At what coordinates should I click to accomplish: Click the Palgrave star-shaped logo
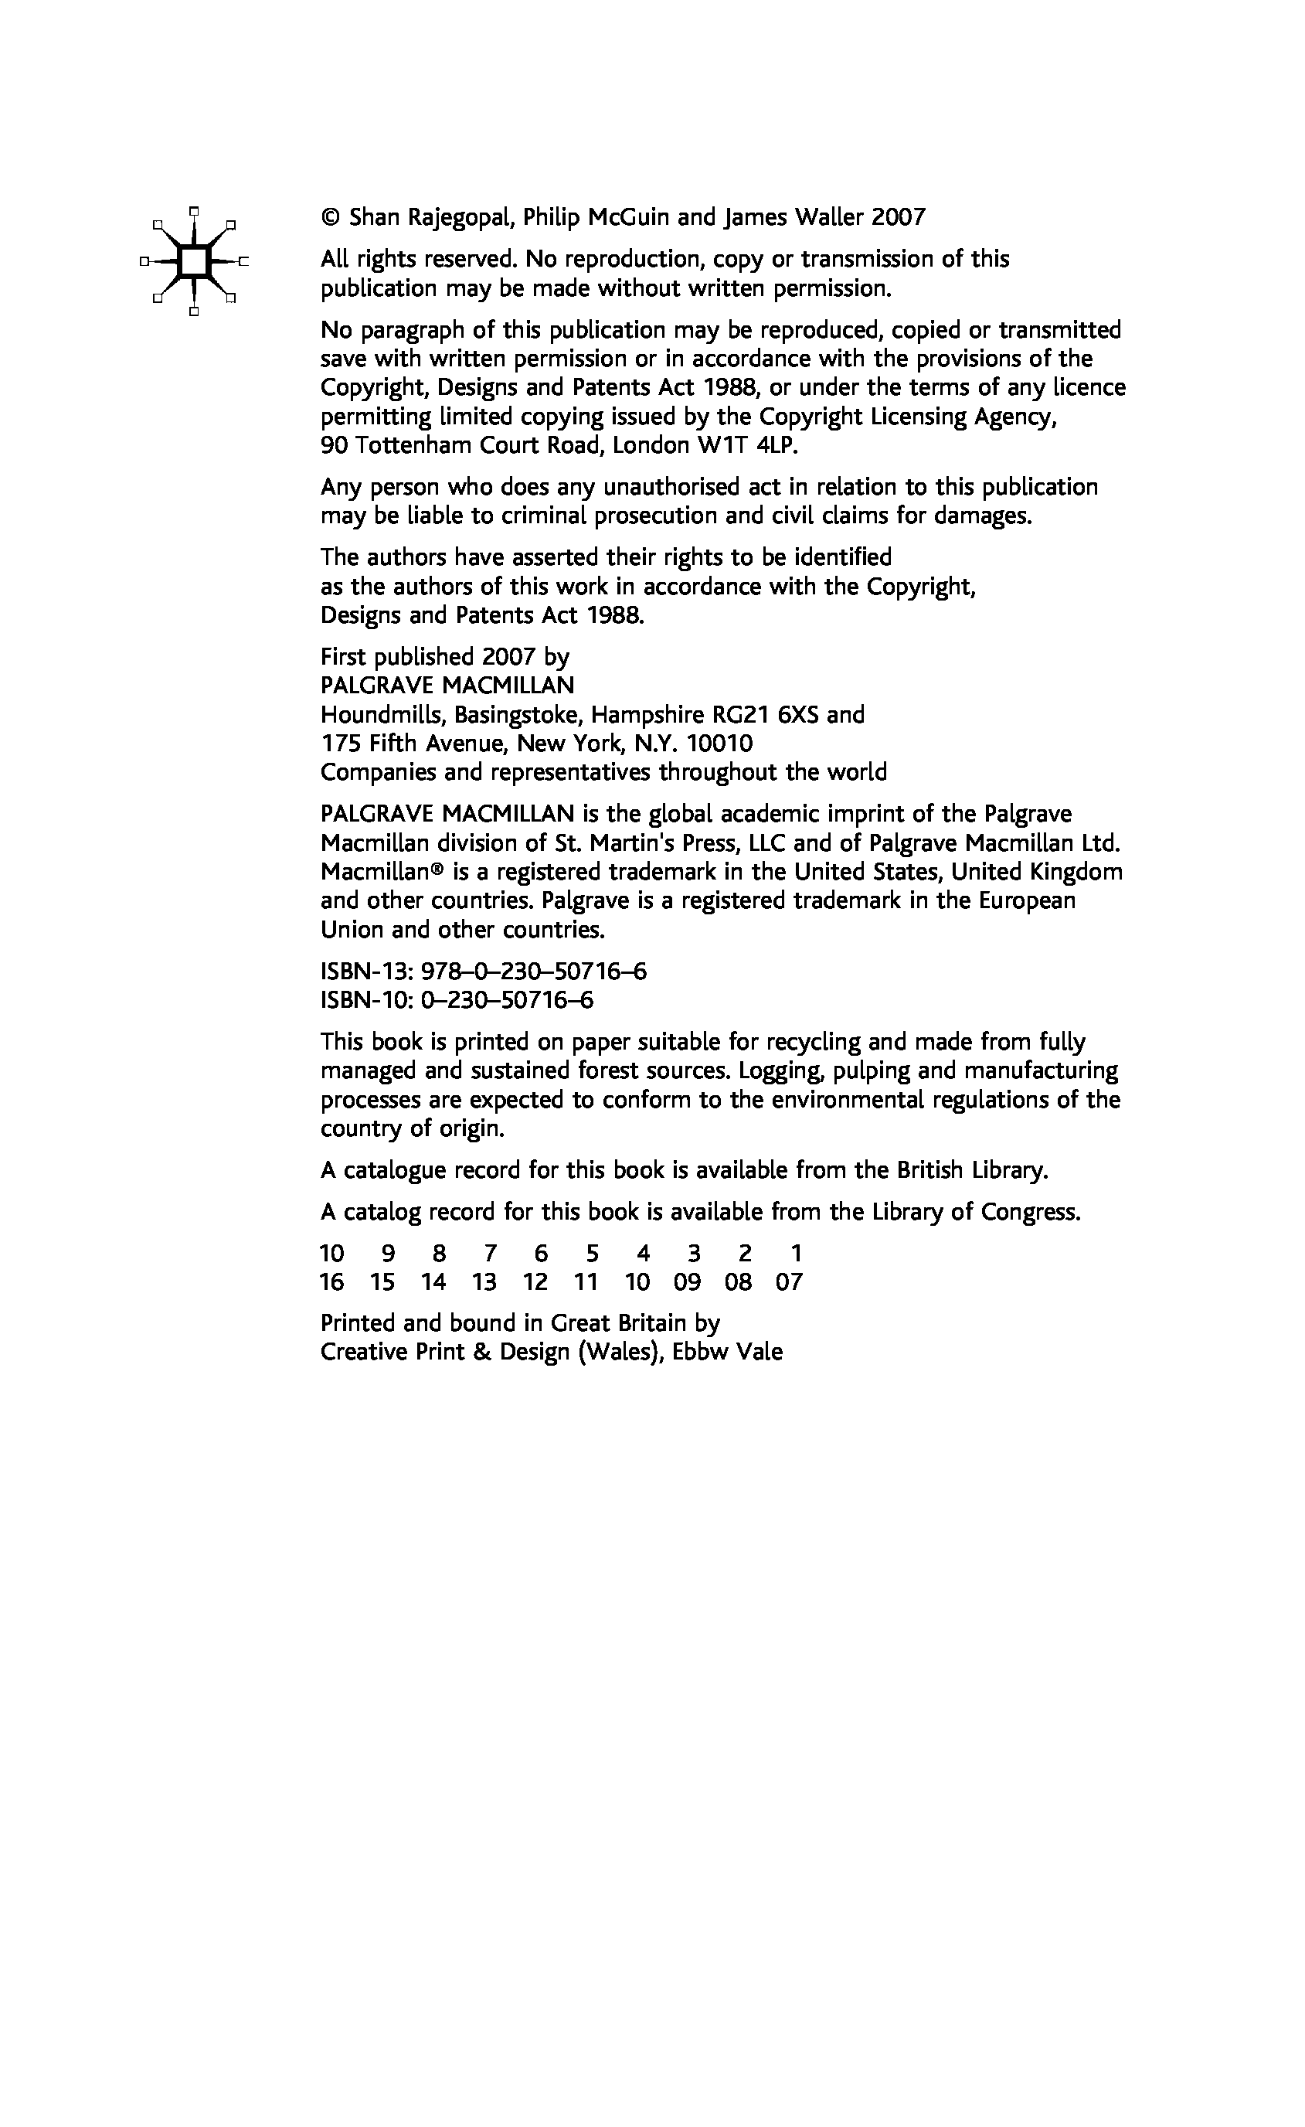194,260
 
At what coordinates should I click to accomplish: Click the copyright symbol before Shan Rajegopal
330,217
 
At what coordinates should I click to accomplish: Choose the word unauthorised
671,488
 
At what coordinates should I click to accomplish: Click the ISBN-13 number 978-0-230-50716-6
533,973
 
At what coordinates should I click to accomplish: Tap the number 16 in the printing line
331,1283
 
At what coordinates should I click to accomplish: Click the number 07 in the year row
789,1283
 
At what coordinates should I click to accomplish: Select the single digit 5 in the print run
592,1254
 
